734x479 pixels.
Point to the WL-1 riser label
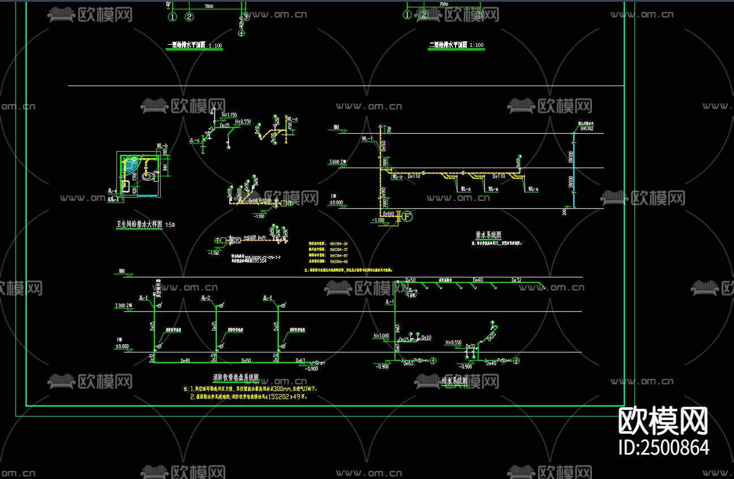coord(367,138)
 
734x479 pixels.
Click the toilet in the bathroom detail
coord(149,177)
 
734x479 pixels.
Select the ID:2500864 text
coord(664,447)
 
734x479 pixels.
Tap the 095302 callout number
coord(586,129)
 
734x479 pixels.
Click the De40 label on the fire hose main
coord(185,360)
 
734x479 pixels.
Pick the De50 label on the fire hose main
coord(246,360)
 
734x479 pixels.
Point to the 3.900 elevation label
coord(121,305)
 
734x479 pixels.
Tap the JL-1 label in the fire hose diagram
coord(143,298)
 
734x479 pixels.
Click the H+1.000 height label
coord(381,336)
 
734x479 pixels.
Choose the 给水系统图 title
coord(454,381)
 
